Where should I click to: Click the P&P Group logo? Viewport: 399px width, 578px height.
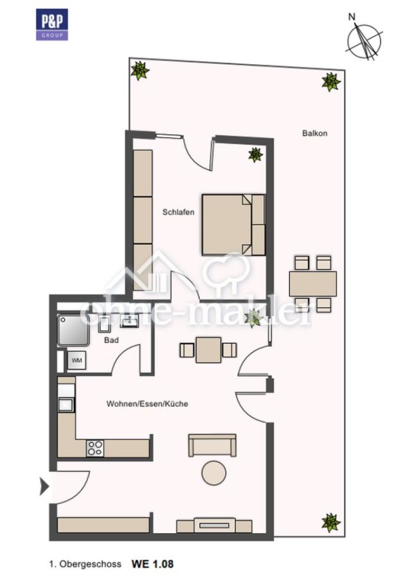click(x=52, y=24)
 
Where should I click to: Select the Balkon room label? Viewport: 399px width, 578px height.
click(x=315, y=133)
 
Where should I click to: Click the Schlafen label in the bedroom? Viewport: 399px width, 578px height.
click(x=178, y=213)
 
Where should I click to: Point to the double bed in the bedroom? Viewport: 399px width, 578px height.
click(x=233, y=225)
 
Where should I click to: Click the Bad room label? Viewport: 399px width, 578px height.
click(x=111, y=340)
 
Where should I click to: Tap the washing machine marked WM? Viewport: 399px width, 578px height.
click(x=77, y=360)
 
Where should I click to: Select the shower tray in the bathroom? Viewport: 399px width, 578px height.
click(x=73, y=330)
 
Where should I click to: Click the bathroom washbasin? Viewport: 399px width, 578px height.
click(x=129, y=321)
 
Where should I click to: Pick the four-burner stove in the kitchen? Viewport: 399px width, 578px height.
click(x=95, y=448)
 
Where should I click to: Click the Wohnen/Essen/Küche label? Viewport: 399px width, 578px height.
click(x=148, y=404)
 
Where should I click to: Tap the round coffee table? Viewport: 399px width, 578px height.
click(x=214, y=473)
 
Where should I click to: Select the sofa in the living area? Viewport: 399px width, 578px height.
click(x=212, y=445)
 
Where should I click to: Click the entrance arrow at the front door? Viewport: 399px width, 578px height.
click(x=44, y=487)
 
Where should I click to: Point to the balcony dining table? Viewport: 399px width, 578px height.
click(x=313, y=284)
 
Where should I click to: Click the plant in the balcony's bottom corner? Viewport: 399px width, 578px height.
click(x=330, y=523)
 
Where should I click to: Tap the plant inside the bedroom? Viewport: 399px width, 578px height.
click(x=255, y=154)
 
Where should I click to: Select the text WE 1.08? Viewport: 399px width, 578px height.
click(x=153, y=564)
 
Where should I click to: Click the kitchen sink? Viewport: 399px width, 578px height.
click(x=66, y=405)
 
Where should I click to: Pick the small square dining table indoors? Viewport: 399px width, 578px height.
click(x=208, y=350)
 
